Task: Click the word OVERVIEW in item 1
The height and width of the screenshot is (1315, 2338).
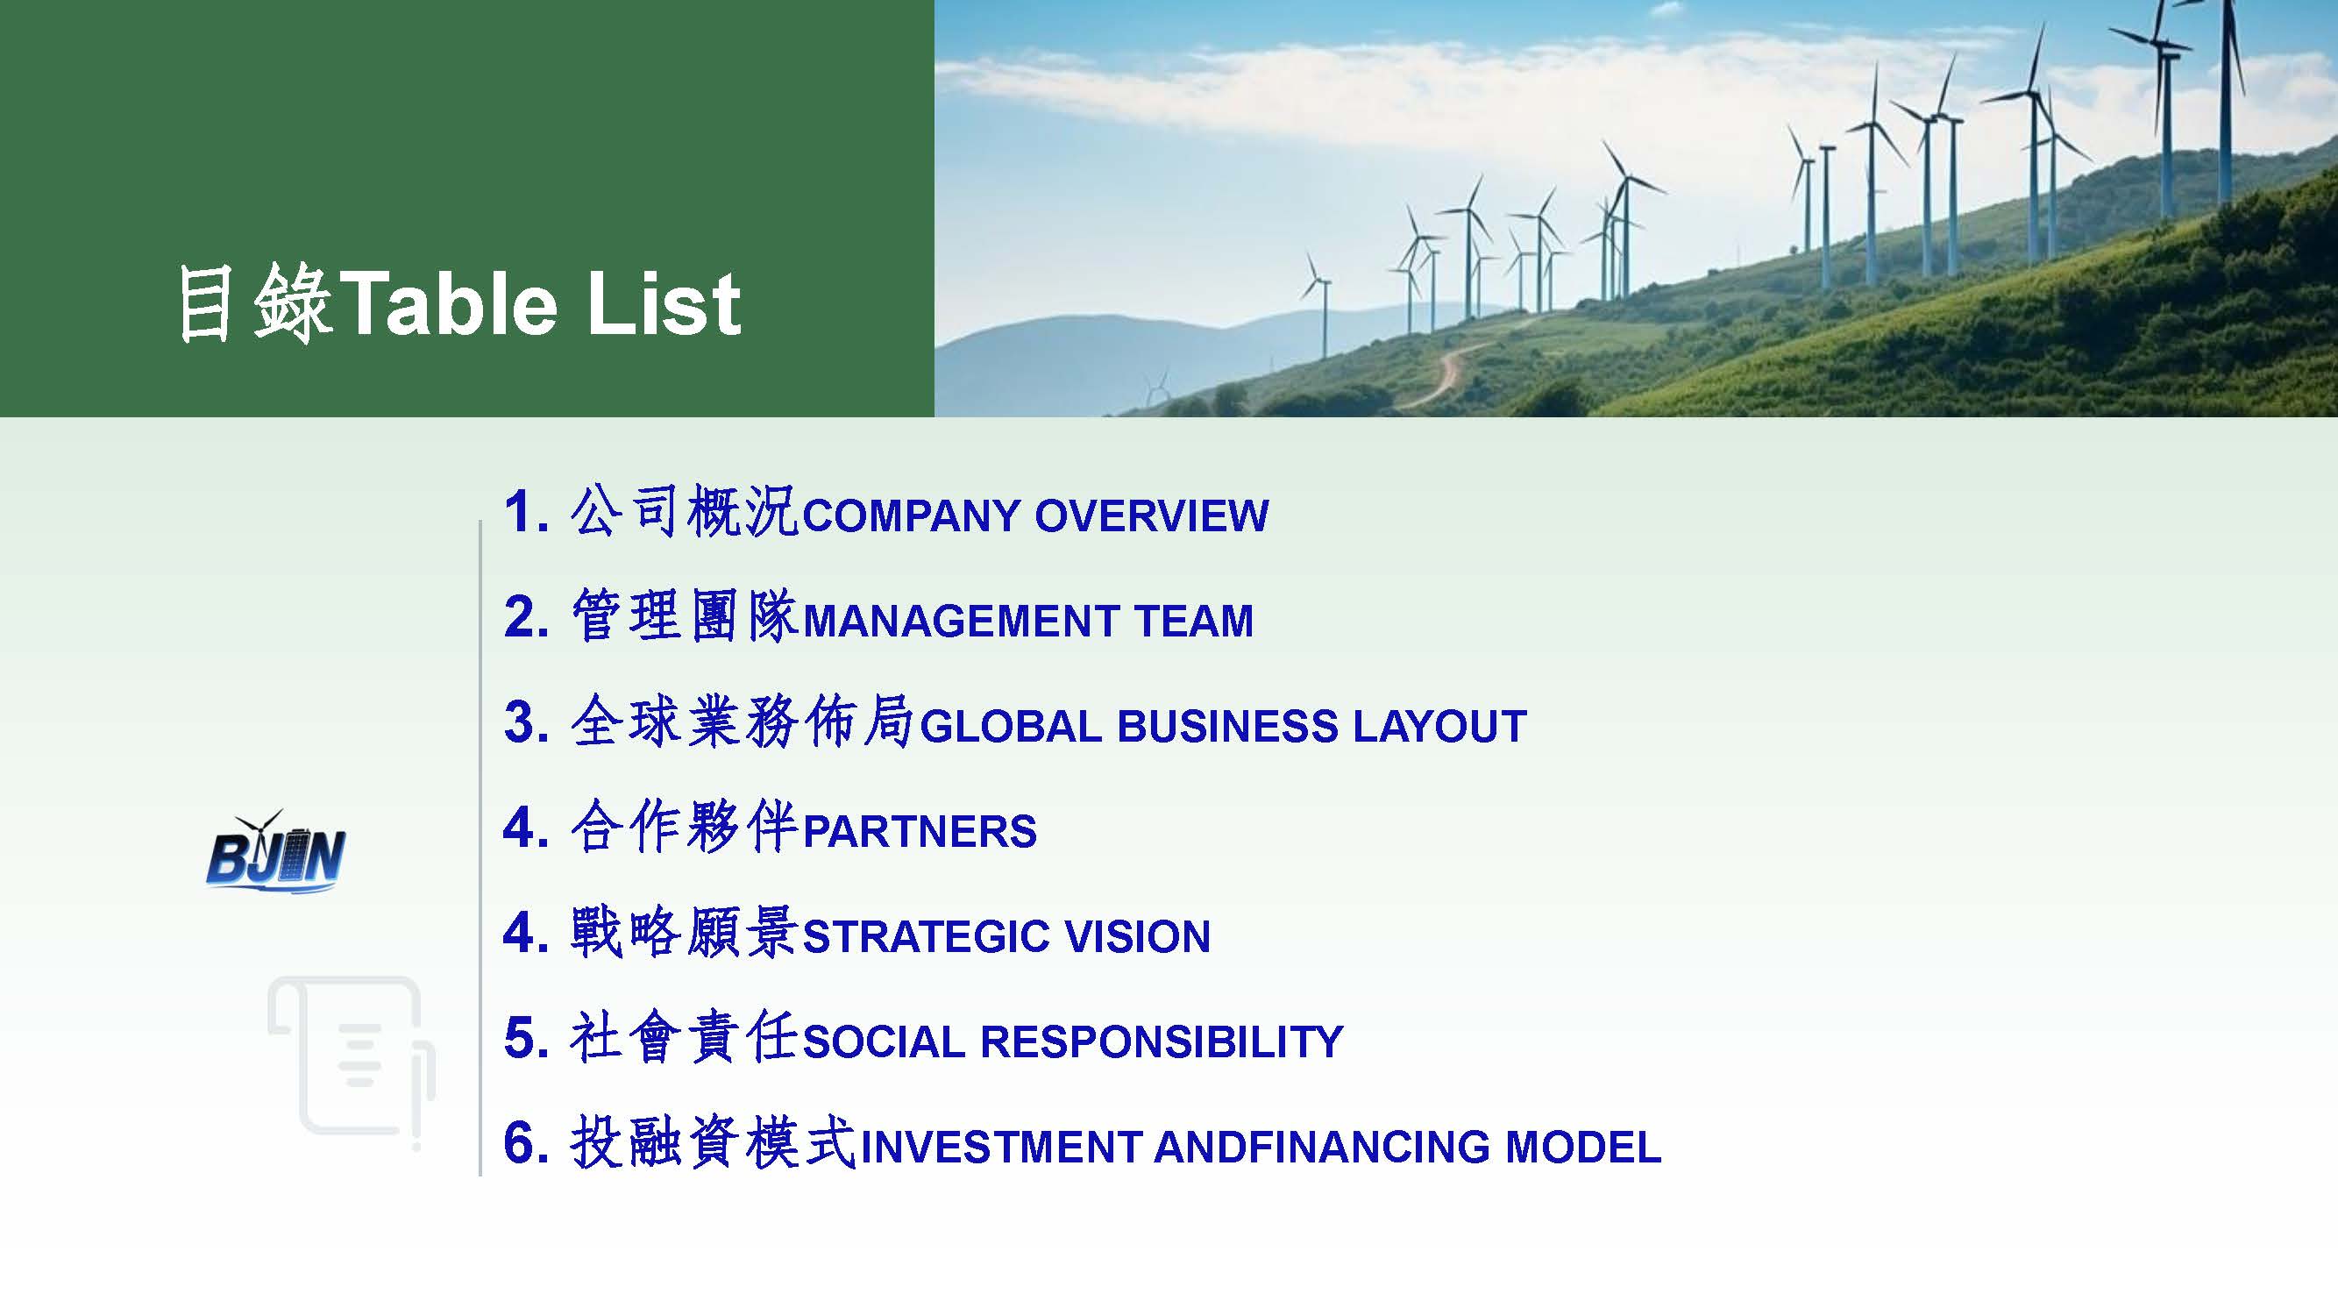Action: (1152, 515)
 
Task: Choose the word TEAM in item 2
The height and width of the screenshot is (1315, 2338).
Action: (1193, 622)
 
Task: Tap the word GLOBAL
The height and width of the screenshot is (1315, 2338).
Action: (1011, 727)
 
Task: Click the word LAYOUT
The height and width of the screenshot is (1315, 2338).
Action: (1440, 727)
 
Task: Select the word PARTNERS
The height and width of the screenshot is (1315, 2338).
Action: (920, 832)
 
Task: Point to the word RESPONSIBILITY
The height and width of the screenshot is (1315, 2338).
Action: (1162, 1041)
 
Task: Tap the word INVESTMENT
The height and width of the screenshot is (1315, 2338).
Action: (1002, 1147)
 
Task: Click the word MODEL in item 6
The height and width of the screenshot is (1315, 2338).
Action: (1584, 1147)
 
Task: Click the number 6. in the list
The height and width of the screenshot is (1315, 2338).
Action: (526, 1143)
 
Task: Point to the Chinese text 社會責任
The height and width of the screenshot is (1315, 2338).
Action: (684, 1040)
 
